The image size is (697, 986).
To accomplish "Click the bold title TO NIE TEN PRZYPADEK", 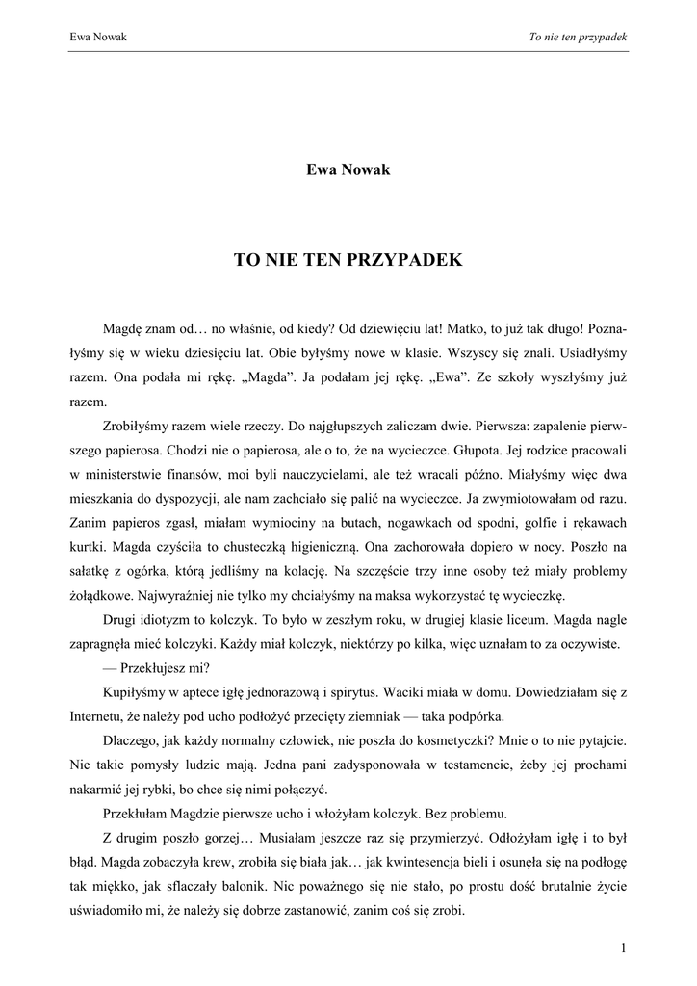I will tap(348, 260).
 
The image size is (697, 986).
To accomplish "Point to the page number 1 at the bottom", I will tap(624, 948).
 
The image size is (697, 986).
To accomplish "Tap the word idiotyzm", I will tap(173, 620).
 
